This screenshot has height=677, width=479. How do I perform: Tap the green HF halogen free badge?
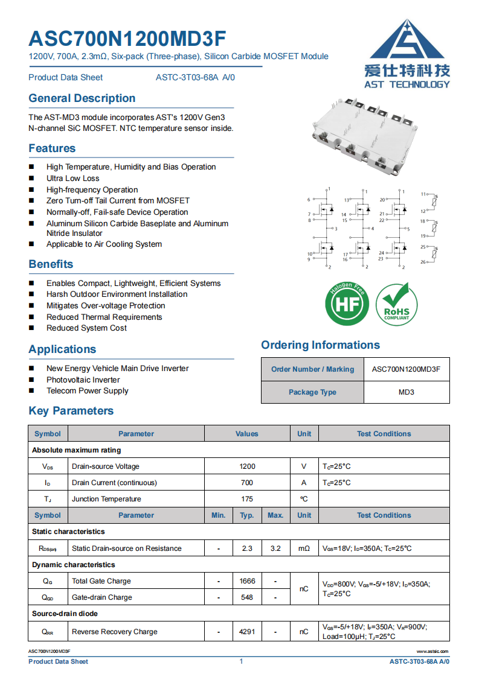pos(347,304)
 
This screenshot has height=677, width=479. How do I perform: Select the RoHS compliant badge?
pos(396,304)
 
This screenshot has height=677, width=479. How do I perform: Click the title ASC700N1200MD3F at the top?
pos(127,39)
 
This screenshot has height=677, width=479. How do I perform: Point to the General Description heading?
pos(82,98)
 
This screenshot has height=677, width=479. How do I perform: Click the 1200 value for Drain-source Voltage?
pos(247,466)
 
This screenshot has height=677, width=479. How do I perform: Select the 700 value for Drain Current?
pos(247,483)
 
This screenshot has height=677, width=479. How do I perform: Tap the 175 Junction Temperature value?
pos(247,499)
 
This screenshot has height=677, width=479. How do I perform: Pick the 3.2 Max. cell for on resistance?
pos(275,548)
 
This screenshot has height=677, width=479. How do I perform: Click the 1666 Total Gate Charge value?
pos(247,581)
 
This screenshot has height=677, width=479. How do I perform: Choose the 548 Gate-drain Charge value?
pos(247,597)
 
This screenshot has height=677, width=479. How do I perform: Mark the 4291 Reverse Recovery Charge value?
pos(247,632)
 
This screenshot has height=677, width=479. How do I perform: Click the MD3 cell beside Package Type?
pos(407,392)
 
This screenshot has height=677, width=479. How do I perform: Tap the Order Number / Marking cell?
pos(312,369)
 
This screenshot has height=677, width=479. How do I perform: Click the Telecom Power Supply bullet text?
pos(87,391)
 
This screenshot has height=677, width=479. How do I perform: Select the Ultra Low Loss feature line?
pos(73,179)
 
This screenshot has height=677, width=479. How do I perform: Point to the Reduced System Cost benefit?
pos(86,328)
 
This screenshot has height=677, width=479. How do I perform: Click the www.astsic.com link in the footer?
pos(432,652)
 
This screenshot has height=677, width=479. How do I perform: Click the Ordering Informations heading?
pos(320,345)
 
